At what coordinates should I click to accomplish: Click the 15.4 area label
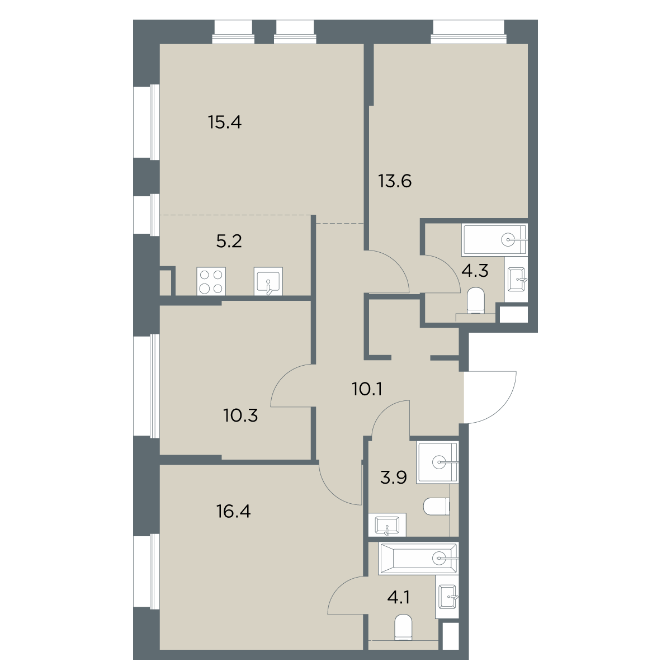click(x=225, y=122)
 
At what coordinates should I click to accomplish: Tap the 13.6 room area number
click(x=395, y=181)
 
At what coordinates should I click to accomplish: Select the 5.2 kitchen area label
click(x=229, y=241)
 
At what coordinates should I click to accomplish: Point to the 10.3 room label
click(x=240, y=415)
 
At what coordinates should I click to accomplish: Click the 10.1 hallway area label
click(x=367, y=389)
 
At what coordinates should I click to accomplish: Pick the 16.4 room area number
click(x=233, y=512)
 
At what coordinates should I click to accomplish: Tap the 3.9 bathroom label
click(x=394, y=478)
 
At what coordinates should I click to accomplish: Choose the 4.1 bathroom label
click(x=398, y=597)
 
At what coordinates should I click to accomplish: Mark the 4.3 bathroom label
click(x=475, y=271)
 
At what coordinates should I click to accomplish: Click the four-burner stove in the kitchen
click(x=211, y=281)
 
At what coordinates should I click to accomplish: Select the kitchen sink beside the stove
click(x=268, y=281)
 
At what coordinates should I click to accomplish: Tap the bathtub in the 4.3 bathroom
click(x=494, y=240)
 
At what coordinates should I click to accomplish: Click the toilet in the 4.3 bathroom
click(x=476, y=301)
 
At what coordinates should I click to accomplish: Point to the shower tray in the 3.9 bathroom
click(x=438, y=462)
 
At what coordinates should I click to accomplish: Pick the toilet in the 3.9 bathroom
click(x=437, y=506)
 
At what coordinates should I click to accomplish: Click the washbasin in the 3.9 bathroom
click(x=387, y=524)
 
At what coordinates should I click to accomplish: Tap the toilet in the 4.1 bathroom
click(x=404, y=627)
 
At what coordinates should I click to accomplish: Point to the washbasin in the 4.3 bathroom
click(x=516, y=279)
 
